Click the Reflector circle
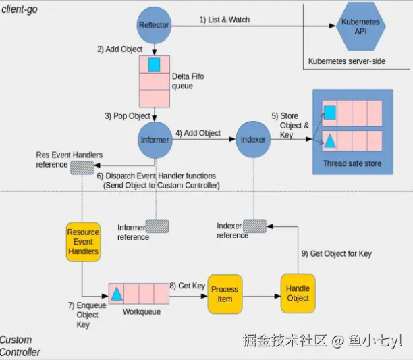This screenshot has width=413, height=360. coord(154,25)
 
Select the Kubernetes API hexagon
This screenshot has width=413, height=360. coord(360,26)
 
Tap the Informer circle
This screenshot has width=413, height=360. coord(154,140)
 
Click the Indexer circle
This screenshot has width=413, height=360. coord(252,139)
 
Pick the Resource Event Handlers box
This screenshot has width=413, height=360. coord(83,241)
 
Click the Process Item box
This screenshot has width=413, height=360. coord(225,294)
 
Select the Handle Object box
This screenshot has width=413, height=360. coord(298,293)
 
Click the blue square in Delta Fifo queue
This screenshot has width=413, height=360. coord(154,65)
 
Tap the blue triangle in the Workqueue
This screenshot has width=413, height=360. coord(117,294)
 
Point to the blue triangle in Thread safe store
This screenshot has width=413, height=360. coord(329,141)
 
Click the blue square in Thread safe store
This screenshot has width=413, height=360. coord(329,112)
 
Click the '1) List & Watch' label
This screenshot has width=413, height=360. coord(225,20)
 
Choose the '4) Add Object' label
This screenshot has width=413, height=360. coord(198,133)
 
